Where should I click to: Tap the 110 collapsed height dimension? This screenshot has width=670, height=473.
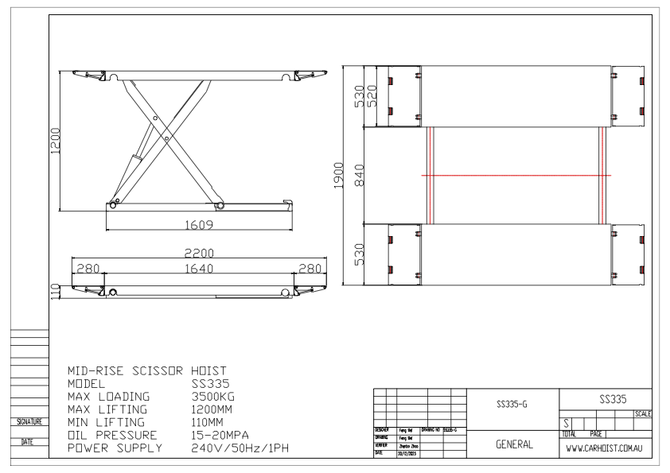(55, 290)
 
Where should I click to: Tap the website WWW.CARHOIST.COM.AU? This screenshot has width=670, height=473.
(607, 449)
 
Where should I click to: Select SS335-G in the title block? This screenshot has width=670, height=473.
(509, 406)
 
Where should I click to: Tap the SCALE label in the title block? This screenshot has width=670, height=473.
(643, 414)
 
